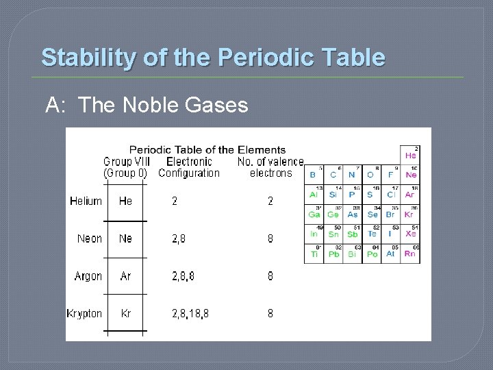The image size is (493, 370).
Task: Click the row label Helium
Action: tap(86, 201)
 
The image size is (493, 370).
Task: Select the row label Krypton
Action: tap(84, 313)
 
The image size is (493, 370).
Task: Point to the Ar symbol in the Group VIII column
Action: tap(125, 276)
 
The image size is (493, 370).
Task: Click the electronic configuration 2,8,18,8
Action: tap(190, 313)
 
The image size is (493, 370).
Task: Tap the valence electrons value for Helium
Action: tap(270, 201)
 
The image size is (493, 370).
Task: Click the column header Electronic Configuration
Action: tap(189, 167)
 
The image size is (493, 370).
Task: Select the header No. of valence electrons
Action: tap(270, 167)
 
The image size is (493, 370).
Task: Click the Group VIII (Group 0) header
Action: tap(125, 167)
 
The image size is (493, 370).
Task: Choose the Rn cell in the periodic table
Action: tap(409, 254)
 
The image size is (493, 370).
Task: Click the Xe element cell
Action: tap(409, 234)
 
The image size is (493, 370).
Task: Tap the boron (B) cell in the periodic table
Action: tap(313, 175)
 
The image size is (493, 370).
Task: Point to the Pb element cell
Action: tap(333, 254)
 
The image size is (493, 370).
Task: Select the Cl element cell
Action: tap(391, 194)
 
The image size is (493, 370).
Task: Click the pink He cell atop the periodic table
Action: tap(410, 156)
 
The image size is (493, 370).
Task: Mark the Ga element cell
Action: tap(314, 214)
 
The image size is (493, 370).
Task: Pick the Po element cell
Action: tap(372, 254)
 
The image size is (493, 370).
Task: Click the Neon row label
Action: tap(90, 238)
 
